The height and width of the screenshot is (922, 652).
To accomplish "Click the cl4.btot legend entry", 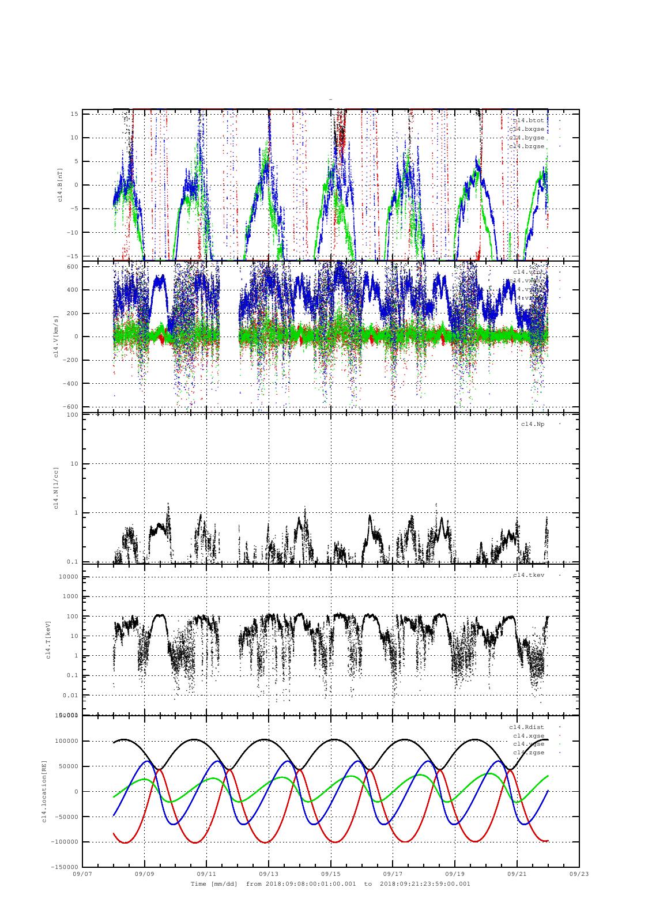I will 528,120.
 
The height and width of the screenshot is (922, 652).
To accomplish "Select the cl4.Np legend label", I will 532,424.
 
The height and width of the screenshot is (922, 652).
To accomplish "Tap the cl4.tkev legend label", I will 528,575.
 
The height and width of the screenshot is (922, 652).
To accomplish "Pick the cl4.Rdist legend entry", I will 526,727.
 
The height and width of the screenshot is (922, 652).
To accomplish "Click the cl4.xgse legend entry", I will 528,736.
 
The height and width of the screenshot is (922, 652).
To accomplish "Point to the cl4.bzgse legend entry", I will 526,146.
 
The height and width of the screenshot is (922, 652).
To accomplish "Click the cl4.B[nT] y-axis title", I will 60,185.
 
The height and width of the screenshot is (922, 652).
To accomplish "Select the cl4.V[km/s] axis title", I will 56,337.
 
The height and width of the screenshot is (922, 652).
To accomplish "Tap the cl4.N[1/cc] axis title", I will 56,489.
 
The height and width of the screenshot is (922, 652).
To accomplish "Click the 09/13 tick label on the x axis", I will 269,874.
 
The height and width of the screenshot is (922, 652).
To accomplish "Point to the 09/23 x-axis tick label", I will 579,874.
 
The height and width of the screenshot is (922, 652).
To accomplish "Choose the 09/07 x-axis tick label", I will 82,874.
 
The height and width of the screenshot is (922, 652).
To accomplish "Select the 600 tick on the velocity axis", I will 73,266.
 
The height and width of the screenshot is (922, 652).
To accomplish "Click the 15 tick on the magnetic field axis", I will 74,114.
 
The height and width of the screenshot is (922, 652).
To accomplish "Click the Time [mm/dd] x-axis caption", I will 214,883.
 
